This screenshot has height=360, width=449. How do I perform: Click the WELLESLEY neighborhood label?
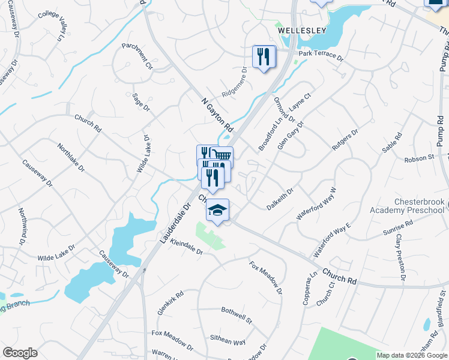pos(301,30)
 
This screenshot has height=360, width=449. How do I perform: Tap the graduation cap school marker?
pos(218,211)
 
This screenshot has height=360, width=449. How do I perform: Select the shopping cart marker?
pos(222,157)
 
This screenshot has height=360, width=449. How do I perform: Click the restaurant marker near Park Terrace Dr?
pos(264,57)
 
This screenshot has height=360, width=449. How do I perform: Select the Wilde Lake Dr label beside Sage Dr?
pos(143,154)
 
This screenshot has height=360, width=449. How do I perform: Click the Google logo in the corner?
pos(20,353)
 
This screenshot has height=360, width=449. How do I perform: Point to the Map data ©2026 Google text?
pos(411,355)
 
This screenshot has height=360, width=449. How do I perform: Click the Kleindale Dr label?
pos(187,247)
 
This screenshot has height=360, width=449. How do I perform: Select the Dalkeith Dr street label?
pos(280,199)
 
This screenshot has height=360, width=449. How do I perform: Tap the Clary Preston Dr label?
pos(400,257)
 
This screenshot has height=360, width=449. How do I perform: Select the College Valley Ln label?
pos(50,26)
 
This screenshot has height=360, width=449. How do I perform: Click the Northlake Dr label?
pos(71,157)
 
